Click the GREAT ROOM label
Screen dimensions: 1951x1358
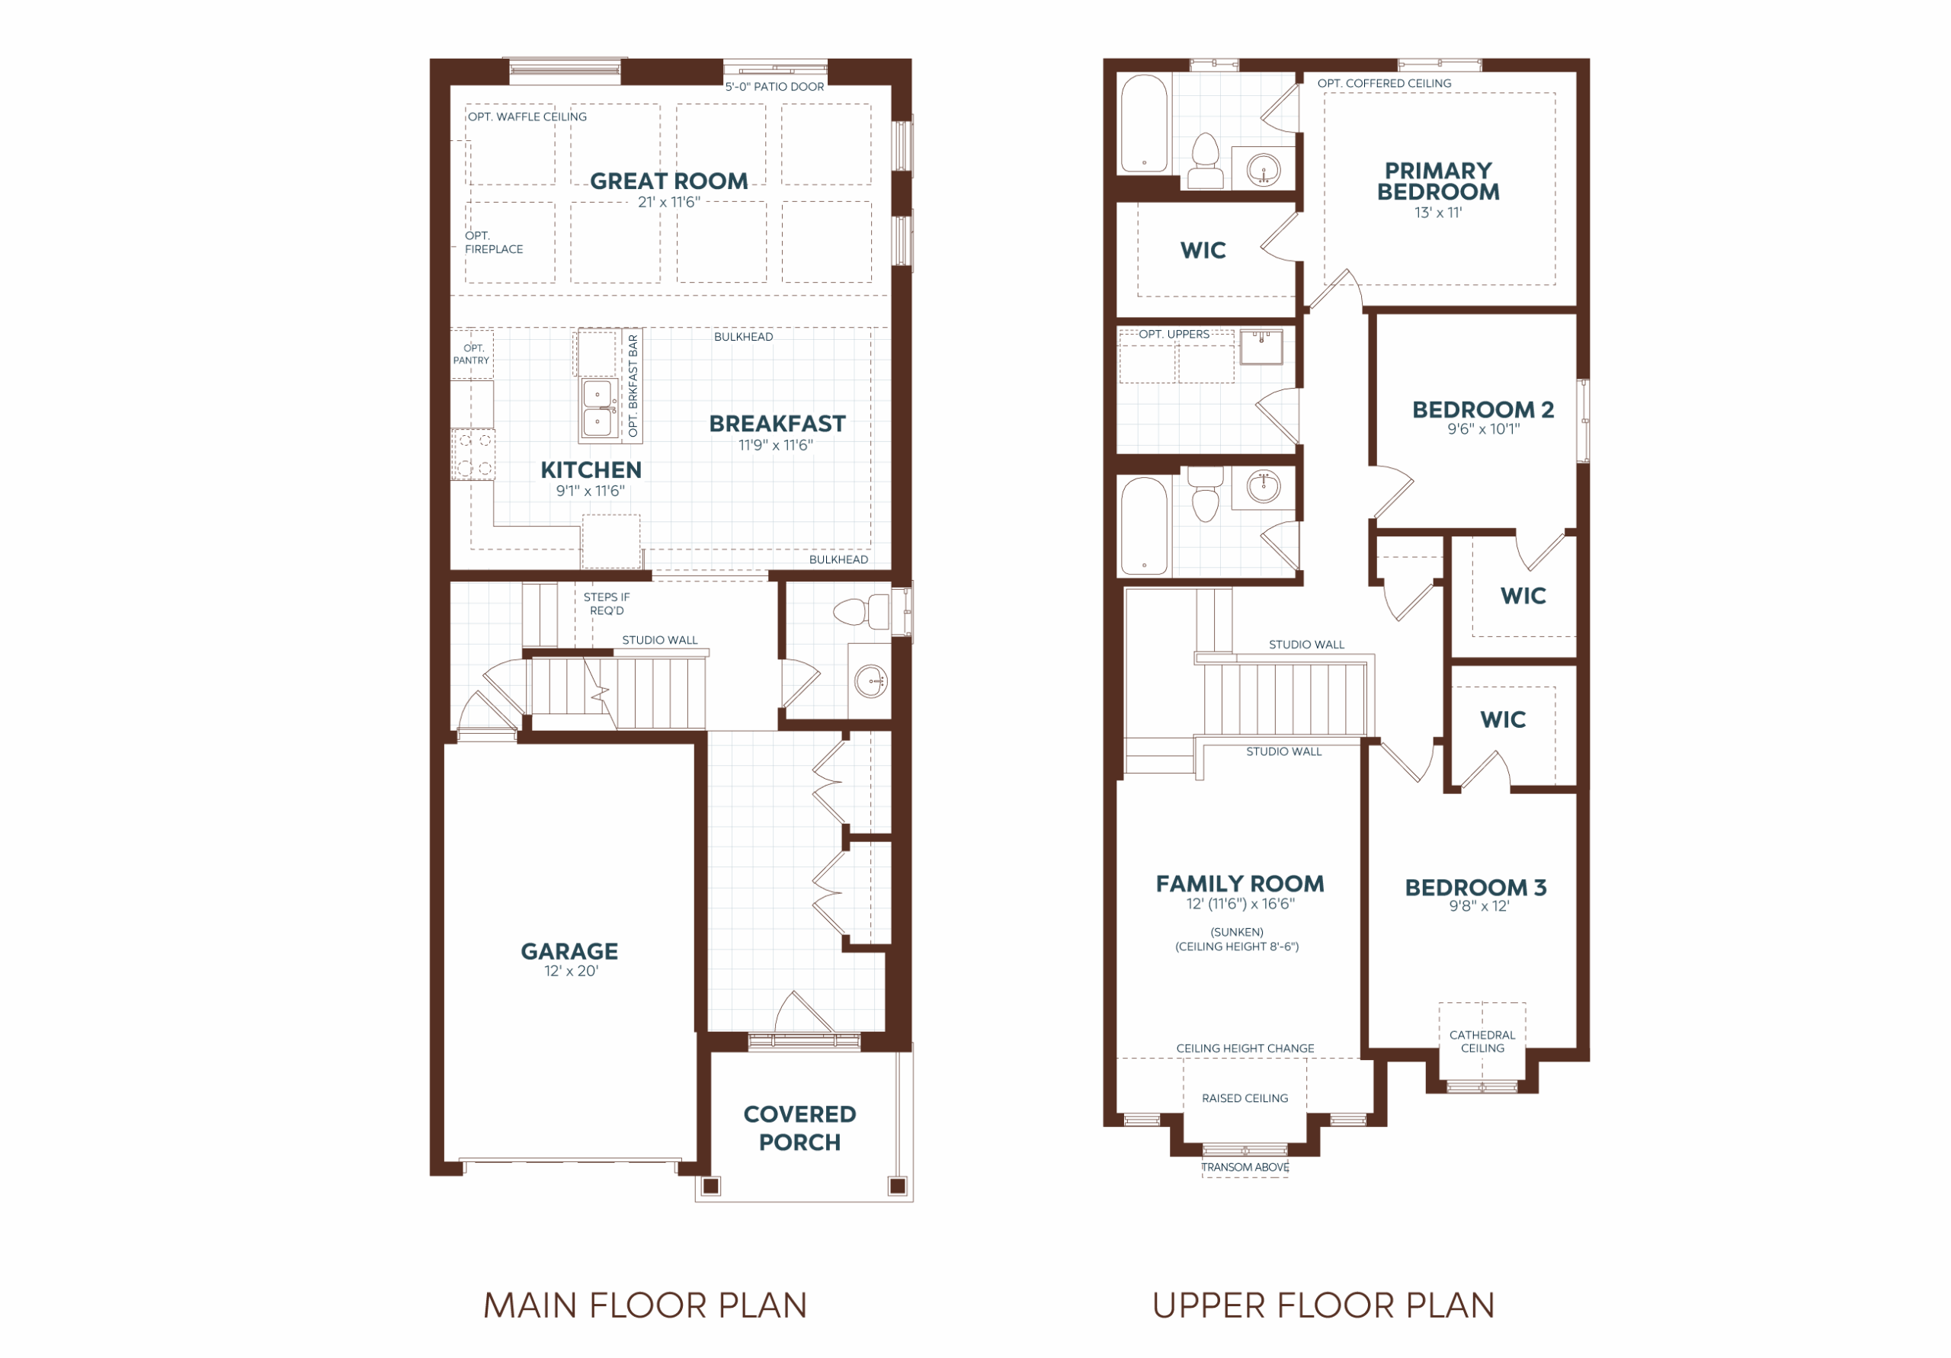(x=668, y=181)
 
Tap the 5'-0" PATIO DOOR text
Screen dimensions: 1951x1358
(x=774, y=87)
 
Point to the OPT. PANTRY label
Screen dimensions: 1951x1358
(x=472, y=354)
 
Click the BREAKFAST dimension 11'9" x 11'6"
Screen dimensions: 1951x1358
(x=776, y=444)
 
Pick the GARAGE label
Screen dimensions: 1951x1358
(x=569, y=951)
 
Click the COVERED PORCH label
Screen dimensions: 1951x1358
(x=799, y=1128)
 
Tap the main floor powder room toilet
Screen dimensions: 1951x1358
(x=860, y=611)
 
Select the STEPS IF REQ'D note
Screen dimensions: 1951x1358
(x=607, y=604)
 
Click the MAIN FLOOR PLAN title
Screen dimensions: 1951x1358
(x=645, y=1305)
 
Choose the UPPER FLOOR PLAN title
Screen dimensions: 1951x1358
(x=1323, y=1305)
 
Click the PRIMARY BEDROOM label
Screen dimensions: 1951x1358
(x=1438, y=181)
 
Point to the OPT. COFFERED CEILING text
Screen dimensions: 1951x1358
(x=1384, y=83)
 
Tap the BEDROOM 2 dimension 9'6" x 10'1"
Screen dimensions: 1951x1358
(x=1484, y=429)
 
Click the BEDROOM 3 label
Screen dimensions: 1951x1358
(x=1475, y=887)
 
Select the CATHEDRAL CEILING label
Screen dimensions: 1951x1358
(x=1482, y=1041)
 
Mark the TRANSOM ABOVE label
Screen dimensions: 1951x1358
(x=1245, y=1167)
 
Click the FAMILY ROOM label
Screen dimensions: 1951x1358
(x=1240, y=884)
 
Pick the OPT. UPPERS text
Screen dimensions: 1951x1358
(x=1174, y=334)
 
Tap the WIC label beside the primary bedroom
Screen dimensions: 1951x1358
(x=1203, y=250)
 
